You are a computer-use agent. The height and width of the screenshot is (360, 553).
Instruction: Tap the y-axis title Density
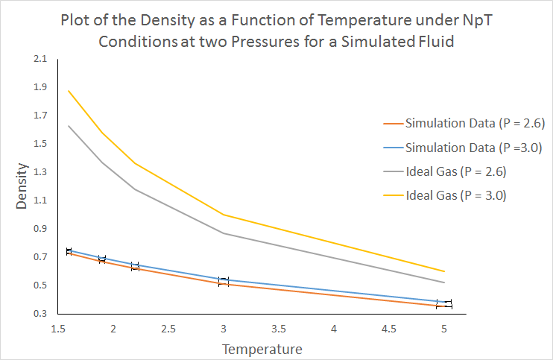pos(22,192)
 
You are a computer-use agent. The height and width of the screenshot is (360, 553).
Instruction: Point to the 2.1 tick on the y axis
pos(40,59)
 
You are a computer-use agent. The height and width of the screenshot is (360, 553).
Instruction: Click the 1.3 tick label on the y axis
pos(40,172)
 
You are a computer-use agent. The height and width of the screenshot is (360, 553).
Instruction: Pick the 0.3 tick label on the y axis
pos(40,314)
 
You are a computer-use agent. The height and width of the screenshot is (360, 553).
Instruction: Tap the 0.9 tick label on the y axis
pos(40,229)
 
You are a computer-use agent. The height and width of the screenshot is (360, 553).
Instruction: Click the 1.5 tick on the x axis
pos(57,328)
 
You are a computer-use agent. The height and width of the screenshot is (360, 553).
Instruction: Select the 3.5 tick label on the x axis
pos(279,328)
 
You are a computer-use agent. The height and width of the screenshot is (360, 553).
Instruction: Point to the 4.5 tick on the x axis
pos(389,328)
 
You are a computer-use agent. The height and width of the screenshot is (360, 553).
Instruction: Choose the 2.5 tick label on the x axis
pos(168,328)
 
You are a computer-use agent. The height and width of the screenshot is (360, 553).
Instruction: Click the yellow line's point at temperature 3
pos(224,215)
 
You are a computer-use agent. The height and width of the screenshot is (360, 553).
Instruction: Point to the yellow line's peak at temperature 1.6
pos(69,91)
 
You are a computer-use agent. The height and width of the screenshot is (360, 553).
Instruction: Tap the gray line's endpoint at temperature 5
pos(444,282)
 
